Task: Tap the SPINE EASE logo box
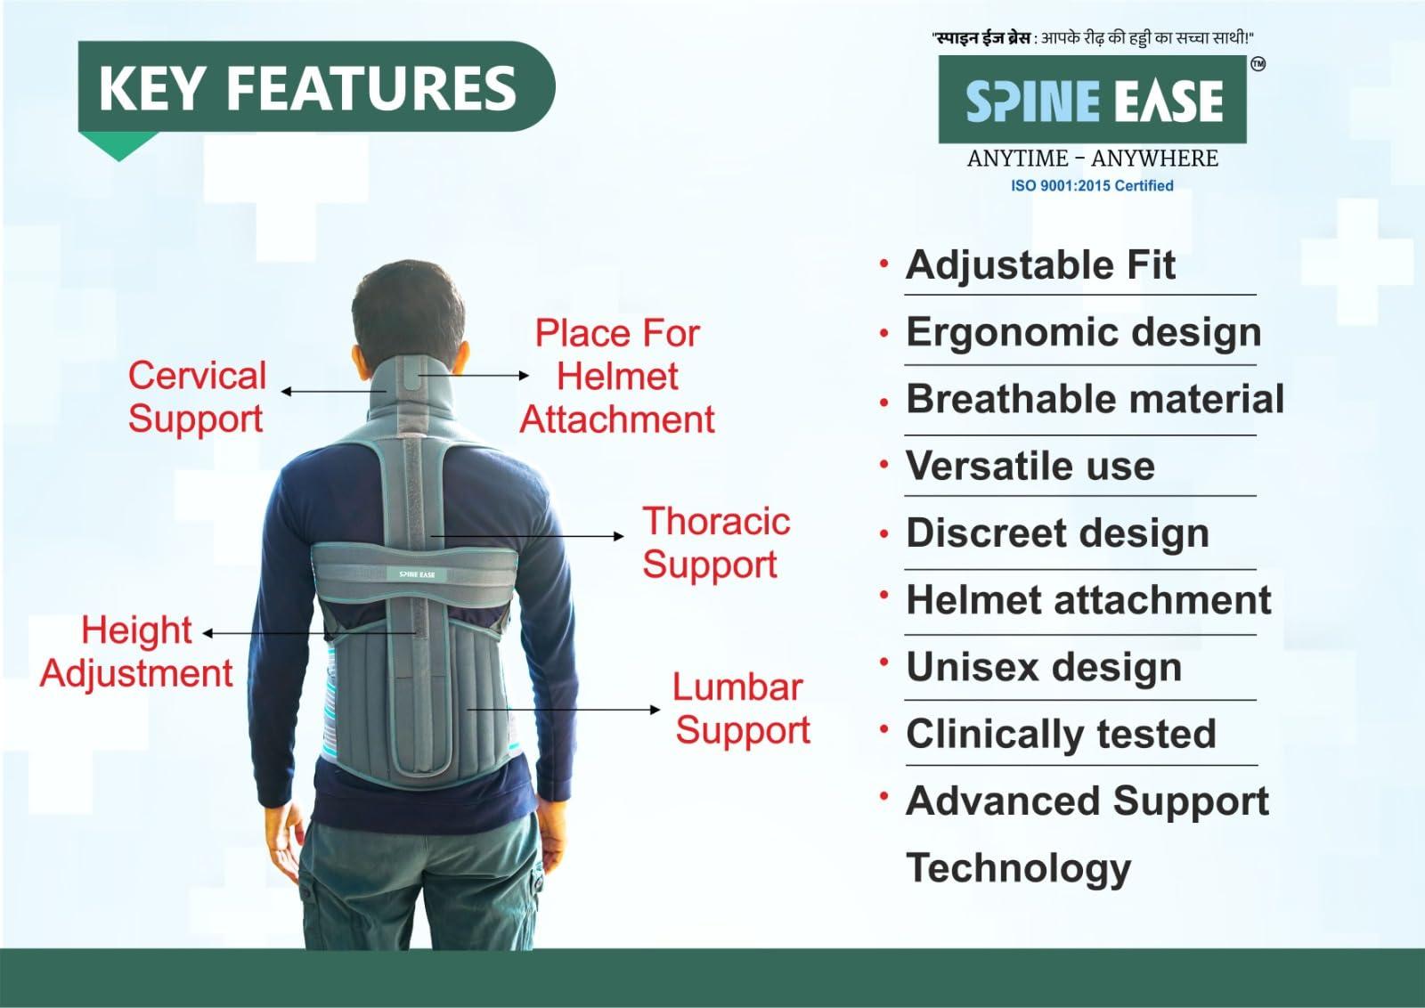click(x=1093, y=100)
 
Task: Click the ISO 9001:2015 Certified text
click(x=1091, y=185)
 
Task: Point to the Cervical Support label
click(x=197, y=396)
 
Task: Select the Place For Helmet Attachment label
click(x=617, y=377)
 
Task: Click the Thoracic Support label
click(x=715, y=542)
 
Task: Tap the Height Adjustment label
click(x=136, y=651)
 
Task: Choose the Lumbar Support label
click(x=741, y=708)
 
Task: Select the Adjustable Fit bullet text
click(x=1040, y=264)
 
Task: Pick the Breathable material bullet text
click(x=1095, y=398)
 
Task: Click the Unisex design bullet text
click(x=1043, y=667)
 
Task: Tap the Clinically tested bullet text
click(x=1060, y=734)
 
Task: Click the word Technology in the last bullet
click(x=1018, y=867)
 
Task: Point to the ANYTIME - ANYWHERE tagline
click(x=1092, y=159)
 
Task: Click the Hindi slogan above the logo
click(x=1092, y=37)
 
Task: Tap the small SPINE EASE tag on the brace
click(x=417, y=574)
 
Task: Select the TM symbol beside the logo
click(x=1258, y=64)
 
